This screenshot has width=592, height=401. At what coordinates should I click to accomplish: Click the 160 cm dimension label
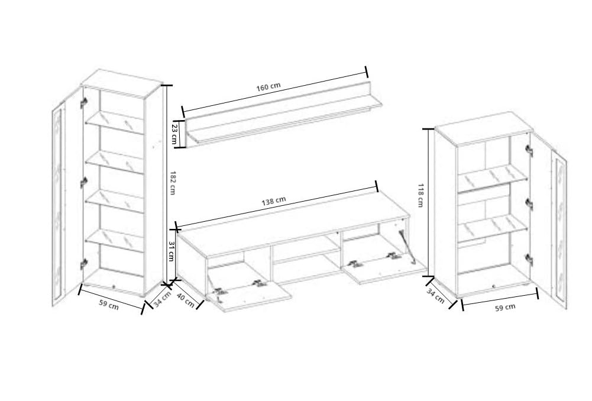pos(268,86)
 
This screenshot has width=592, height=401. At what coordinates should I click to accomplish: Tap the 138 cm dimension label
pos(274,201)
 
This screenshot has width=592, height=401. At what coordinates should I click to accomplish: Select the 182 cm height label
pos(173,183)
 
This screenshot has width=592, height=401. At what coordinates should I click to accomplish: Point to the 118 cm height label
pos(420,195)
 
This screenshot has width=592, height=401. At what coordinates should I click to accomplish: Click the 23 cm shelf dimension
pos(175,133)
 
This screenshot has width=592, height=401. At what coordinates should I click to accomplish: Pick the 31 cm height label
pos(172,251)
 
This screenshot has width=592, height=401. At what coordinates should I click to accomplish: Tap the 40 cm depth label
pos(186,300)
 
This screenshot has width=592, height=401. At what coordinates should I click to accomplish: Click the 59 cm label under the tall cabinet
pos(109,305)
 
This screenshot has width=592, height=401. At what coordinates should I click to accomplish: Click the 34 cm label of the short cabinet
pos(435,296)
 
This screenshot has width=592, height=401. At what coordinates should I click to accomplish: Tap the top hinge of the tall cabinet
pos(84,102)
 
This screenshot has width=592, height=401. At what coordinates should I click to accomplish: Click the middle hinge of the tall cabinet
pos(83,182)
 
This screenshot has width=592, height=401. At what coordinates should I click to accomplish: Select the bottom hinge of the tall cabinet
pos(83,264)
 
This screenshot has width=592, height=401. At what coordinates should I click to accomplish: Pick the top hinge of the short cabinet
pos(529,151)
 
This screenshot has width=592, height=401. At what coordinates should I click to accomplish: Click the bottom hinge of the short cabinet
pos(529,260)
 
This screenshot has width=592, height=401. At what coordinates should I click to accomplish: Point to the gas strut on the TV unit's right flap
pos(407,245)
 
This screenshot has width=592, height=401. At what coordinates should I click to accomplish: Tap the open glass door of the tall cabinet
pos(67,196)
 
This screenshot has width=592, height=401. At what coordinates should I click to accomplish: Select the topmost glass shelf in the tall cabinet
pos(114,122)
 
